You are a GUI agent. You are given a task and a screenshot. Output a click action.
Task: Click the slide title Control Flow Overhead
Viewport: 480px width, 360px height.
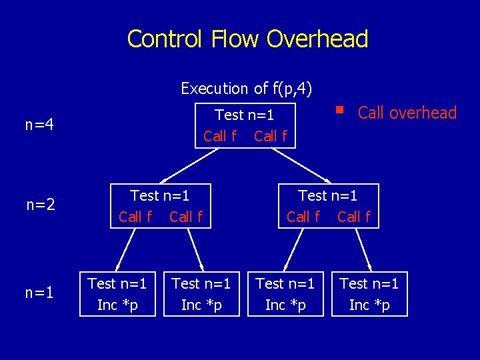(247, 39)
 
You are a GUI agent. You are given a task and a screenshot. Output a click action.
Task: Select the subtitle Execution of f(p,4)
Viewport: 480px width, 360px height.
(247, 88)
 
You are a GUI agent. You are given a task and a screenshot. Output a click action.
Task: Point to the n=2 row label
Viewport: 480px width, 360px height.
(41, 205)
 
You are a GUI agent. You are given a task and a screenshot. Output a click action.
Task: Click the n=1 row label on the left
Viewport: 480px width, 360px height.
(40, 293)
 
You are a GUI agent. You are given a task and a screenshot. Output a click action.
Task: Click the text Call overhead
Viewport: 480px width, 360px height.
(407, 113)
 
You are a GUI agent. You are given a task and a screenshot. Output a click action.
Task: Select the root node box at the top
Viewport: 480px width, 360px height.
(245, 125)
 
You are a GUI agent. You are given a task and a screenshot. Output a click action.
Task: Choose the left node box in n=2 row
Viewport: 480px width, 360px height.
(160, 206)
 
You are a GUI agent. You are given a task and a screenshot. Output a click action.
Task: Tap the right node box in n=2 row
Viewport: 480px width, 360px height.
(328, 206)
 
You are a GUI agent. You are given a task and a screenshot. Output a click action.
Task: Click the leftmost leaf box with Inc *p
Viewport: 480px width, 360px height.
(117, 294)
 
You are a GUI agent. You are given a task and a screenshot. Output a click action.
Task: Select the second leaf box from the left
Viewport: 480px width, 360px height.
(201, 294)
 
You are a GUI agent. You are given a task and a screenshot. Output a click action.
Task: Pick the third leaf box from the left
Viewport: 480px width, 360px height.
(285, 294)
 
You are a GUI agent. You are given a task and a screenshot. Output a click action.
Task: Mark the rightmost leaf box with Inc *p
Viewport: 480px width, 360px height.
(369, 294)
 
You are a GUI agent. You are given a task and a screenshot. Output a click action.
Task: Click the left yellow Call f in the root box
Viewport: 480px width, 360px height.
(220, 136)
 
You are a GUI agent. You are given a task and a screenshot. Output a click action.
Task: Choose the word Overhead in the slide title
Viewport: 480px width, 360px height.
(317, 39)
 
